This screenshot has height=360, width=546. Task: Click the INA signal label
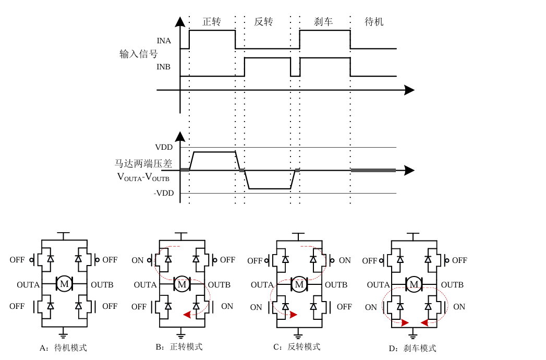(164, 41)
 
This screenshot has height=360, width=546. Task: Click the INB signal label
(164, 67)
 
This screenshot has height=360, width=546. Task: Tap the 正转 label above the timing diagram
(212, 22)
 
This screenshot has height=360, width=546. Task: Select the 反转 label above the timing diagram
(263, 22)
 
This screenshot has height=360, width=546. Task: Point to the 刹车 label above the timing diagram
(323, 22)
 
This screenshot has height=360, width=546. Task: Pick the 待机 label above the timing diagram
(374, 22)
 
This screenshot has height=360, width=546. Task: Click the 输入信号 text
(138, 54)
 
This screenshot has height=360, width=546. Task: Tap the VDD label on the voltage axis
(164, 147)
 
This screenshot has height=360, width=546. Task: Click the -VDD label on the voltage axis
(163, 193)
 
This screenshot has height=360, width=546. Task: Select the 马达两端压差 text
(143, 163)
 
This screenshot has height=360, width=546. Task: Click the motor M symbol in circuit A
(65, 284)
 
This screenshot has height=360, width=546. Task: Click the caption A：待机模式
(63, 347)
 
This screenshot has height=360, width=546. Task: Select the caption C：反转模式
(297, 347)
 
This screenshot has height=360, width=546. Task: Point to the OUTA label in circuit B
(145, 285)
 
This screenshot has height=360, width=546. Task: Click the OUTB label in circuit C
(336, 285)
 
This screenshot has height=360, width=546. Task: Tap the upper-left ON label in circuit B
(137, 260)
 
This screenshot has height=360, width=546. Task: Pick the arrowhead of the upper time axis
(409, 90)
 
